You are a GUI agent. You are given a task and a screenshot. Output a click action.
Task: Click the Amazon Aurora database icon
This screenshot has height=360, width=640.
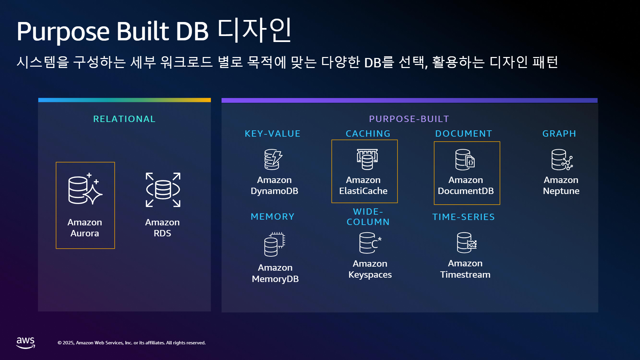(85, 188)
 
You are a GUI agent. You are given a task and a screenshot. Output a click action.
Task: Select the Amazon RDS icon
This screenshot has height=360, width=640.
(163, 190)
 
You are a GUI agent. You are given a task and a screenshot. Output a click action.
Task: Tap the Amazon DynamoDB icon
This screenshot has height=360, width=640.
(273, 159)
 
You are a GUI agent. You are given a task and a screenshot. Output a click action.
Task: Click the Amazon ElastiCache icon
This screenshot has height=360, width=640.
(367, 159)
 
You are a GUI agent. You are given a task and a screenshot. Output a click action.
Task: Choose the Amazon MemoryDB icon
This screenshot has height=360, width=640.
(275, 244)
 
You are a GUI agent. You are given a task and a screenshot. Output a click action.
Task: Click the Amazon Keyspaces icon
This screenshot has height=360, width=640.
(370, 243)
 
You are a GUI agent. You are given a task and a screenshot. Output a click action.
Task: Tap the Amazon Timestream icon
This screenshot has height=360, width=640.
(467, 243)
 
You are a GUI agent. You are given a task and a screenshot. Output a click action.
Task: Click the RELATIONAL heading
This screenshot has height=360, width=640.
(124, 119)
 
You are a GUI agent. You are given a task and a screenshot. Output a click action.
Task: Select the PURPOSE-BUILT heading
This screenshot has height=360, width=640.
(409, 119)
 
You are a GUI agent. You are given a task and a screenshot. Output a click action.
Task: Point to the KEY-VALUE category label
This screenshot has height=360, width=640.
(273, 134)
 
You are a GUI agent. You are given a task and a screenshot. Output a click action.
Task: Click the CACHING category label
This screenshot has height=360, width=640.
(368, 134)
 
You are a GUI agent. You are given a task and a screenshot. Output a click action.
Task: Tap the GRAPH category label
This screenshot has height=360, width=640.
(559, 134)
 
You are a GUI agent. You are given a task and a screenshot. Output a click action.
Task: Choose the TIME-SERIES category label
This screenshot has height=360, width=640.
(464, 217)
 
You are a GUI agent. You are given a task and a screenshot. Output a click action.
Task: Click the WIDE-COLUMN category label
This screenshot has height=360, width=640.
(368, 217)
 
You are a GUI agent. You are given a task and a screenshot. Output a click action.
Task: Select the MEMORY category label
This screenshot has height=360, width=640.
(273, 217)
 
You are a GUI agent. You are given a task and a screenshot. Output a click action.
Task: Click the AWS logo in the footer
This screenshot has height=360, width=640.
(26, 343)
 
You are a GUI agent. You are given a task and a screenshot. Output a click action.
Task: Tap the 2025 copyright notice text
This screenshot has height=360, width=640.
(132, 343)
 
